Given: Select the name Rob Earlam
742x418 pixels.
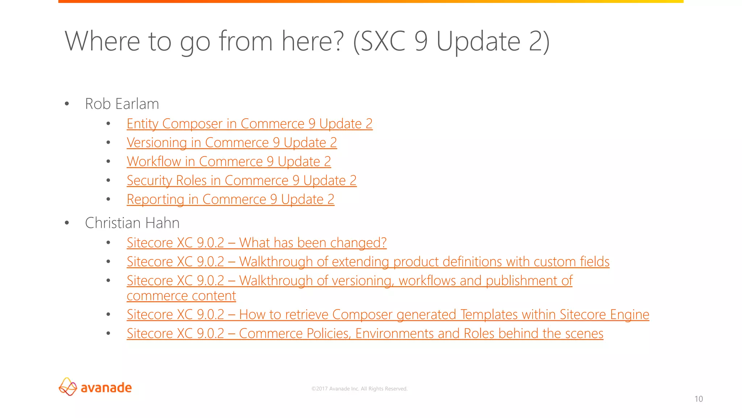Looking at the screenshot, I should point(122,104).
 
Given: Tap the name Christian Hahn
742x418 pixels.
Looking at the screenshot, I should point(132,223).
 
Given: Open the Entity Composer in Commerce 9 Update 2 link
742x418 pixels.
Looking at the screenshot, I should point(249,124).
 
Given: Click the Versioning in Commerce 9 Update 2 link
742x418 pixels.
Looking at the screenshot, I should point(232,143).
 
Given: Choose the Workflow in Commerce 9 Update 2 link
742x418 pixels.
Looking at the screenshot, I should point(229,162).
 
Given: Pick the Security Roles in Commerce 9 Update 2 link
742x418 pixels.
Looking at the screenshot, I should point(241,181).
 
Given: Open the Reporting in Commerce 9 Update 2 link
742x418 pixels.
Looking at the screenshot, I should point(230,200).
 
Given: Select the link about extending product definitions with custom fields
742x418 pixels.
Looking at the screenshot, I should point(368,262).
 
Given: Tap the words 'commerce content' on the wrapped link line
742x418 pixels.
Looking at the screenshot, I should point(181,296).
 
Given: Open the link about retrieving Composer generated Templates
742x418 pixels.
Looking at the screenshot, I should point(388,315).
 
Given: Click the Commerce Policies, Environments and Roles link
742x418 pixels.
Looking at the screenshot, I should point(365,333).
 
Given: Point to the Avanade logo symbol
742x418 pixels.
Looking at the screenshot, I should point(68,386).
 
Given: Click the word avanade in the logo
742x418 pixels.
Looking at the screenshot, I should point(106,388).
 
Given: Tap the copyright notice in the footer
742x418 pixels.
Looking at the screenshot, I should point(359,389).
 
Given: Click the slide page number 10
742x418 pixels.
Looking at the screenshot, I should point(699,399).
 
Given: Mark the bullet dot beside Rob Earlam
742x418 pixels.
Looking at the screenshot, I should point(67,104).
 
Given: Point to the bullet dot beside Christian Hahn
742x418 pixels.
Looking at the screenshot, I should point(67,223).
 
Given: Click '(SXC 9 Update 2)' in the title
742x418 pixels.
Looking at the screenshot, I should point(451,41).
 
